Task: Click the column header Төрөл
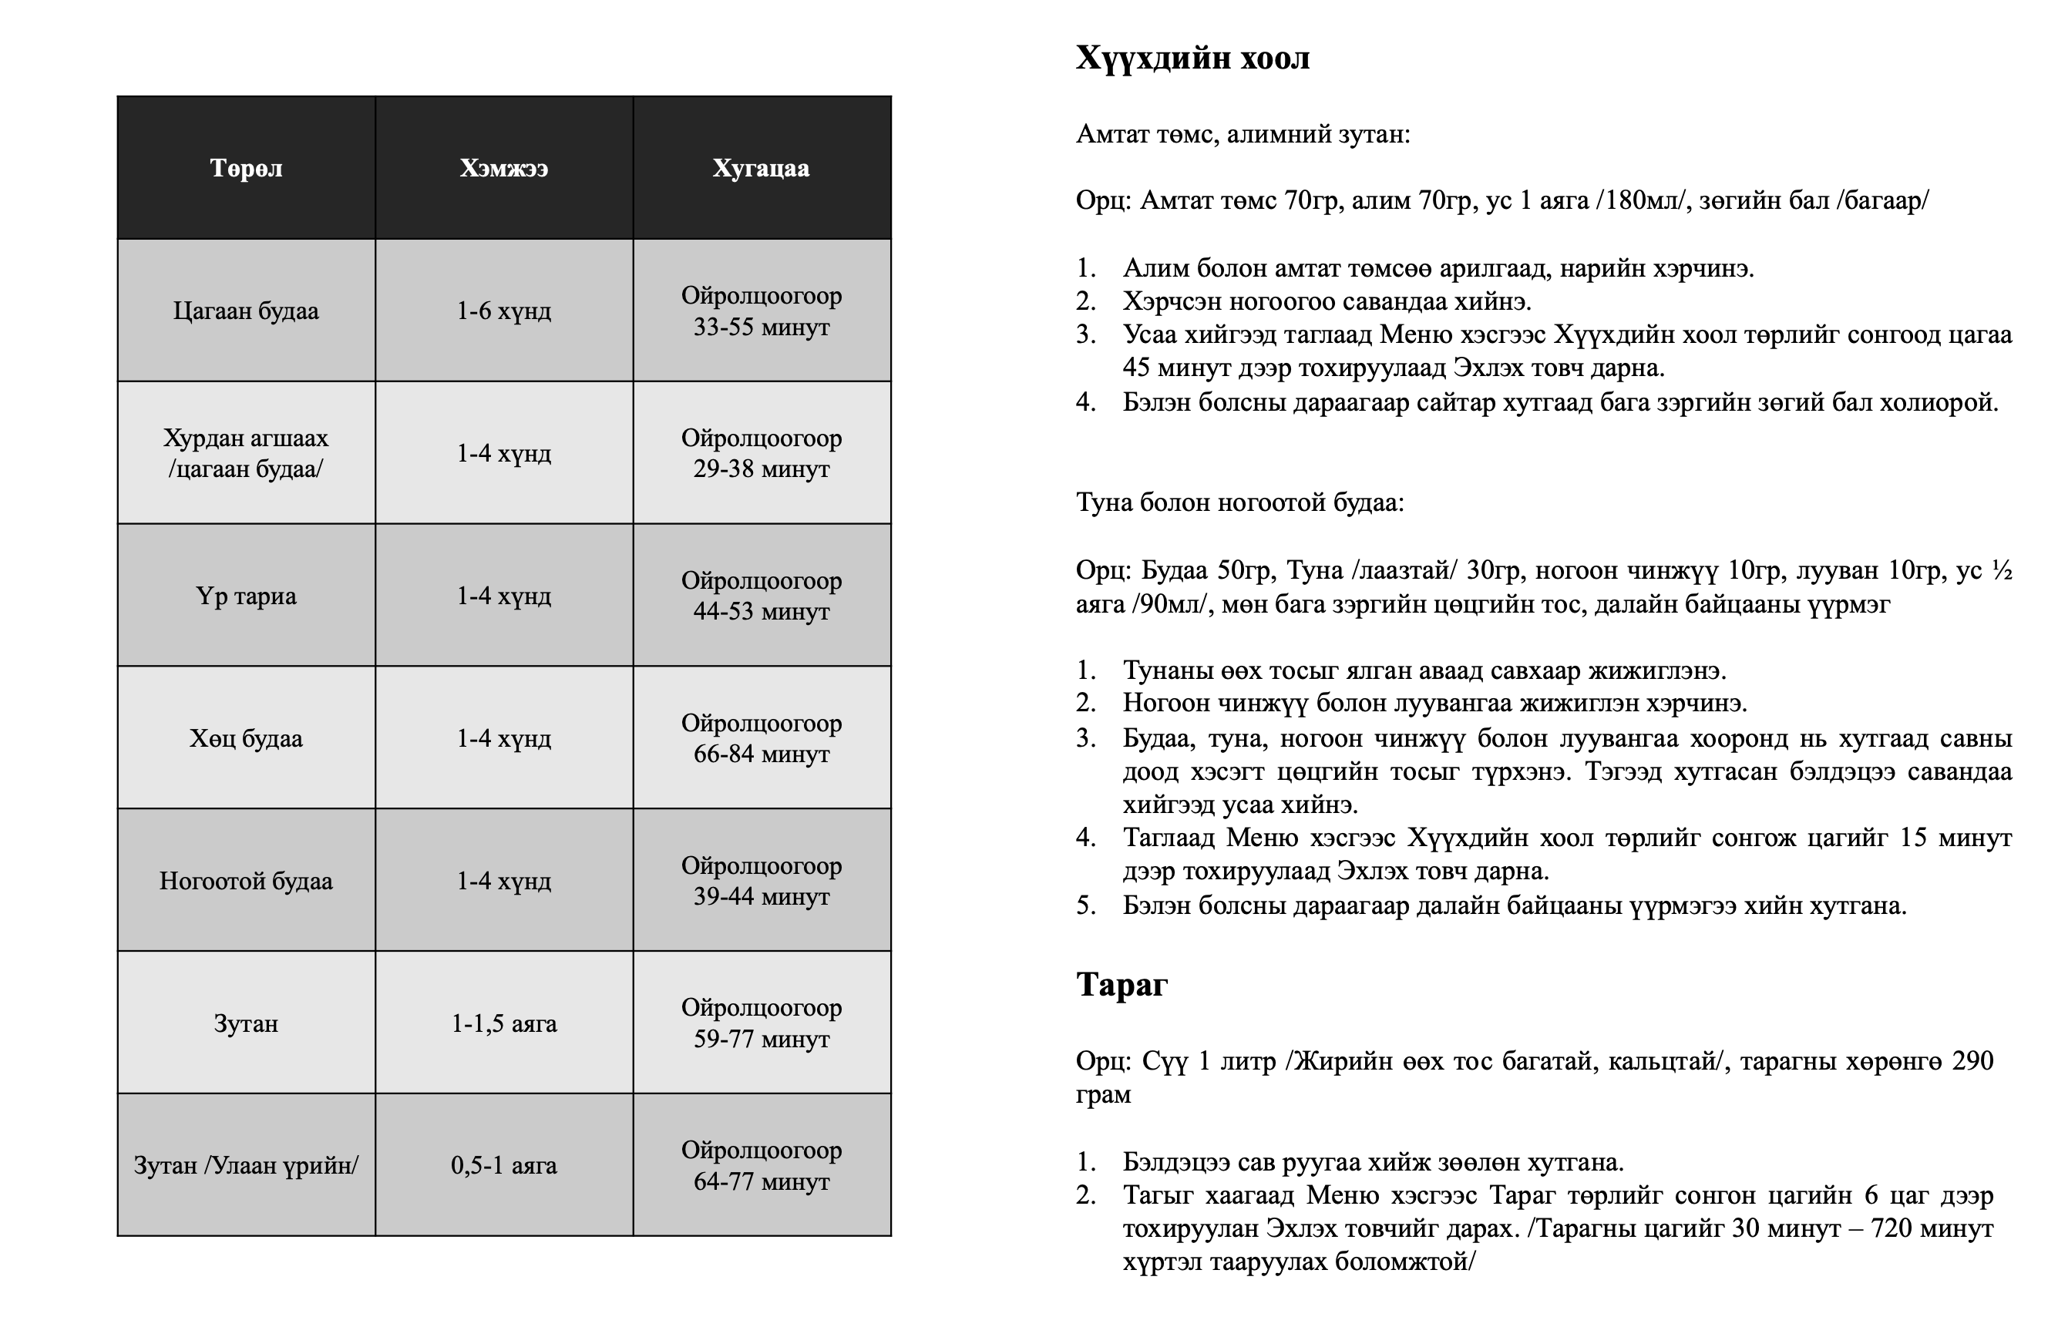(246, 168)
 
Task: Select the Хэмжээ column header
(503, 168)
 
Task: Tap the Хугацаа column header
(761, 168)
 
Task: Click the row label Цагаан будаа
(246, 311)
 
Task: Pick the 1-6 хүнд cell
(503, 311)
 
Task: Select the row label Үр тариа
(246, 596)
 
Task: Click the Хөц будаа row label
(246, 738)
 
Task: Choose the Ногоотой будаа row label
(246, 882)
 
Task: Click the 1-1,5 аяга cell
(503, 1023)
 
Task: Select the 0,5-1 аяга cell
(503, 1166)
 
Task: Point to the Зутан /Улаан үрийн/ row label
(246, 1166)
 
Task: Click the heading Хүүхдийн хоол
(1192, 58)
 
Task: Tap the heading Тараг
(1121, 984)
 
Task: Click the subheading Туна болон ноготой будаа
(1239, 502)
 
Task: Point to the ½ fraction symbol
(2001, 570)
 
